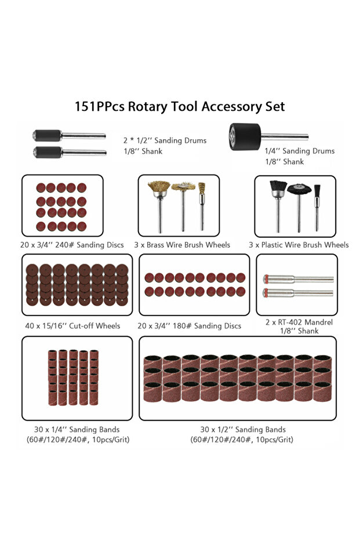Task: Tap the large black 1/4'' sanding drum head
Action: point(245,137)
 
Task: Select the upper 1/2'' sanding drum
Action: point(69,135)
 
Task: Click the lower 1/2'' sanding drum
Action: point(70,152)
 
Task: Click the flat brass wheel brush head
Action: point(183,187)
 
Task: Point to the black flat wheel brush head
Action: point(299,189)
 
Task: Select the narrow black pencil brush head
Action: point(317,191)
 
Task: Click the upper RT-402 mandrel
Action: point(298,279)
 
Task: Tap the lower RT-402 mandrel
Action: point(298,293)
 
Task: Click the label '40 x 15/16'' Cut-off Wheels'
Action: point(72,326)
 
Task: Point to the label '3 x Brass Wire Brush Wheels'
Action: point(182,245)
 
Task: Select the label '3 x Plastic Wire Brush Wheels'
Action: point(299,245)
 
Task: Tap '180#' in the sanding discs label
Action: point(181,326)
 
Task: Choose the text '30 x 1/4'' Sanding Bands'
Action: point(77,429)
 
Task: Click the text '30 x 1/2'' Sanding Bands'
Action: point(243,429)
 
